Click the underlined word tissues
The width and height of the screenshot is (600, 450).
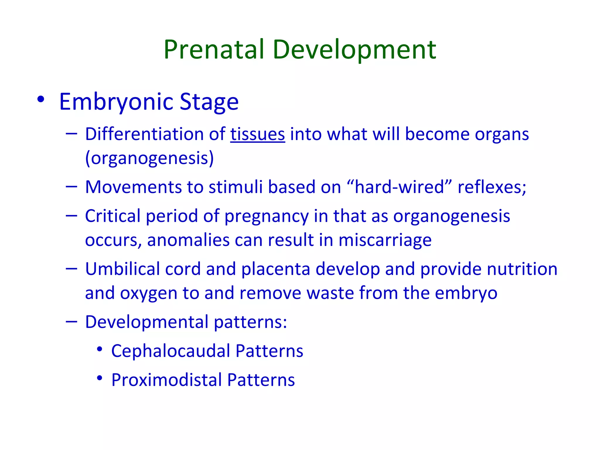tap(258, 134)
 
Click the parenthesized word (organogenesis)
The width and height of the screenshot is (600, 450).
tap(149, 158)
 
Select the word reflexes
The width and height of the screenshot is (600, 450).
tap(492, 187)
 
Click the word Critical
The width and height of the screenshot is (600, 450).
tap(113, 216)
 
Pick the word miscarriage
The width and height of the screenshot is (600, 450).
tap(385, 240)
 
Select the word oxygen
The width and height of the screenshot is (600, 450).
tap(149, 293)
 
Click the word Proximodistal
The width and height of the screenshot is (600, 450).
tap(166, 380)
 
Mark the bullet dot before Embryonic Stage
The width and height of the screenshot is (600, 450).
tap(41, 100)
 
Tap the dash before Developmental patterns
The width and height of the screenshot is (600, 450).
tap(71, 322)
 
